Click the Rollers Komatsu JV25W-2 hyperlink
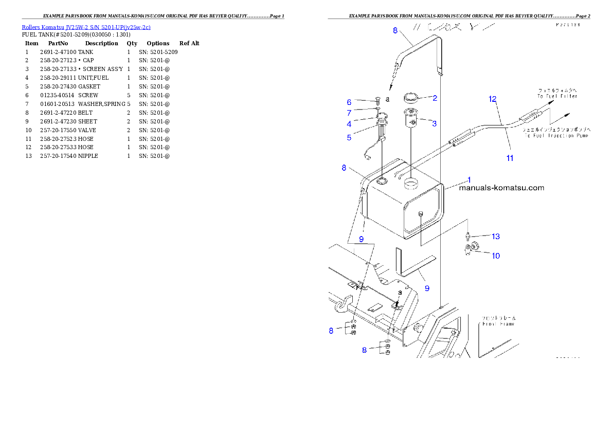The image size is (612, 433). tap(86, 27)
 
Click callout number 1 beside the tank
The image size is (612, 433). tap(469, 180)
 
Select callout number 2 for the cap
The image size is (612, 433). tap(435, 98)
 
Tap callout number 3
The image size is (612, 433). tap(435, 123)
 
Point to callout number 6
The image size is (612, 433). tap(349, 102)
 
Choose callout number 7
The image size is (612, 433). tap(349, 113)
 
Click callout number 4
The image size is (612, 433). tap(349, 124)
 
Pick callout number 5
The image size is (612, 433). tap(349, 137)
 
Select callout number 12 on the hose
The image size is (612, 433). tap(492, 99)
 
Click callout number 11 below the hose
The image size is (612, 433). tap(510, 158)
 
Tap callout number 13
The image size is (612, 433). tap(495, 237)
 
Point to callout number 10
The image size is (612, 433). tap(495, 256)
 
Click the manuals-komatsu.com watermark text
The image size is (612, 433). tap(501, 188)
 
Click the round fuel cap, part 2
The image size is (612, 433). tap(412, 97)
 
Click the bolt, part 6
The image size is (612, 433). tap(377, 100)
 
